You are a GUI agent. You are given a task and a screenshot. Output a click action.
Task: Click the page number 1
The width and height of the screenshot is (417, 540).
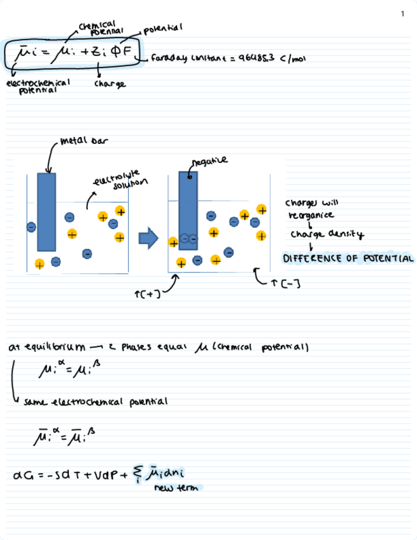click(x=402, y=13)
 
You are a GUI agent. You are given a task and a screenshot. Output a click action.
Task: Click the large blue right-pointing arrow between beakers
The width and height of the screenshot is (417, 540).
click(x=148, y=238)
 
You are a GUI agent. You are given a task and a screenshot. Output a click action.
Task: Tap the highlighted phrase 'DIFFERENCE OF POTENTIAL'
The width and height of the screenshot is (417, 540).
click(x=348, y=259)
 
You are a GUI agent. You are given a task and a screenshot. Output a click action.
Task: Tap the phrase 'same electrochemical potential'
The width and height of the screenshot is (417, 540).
click(x=95, y=402)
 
